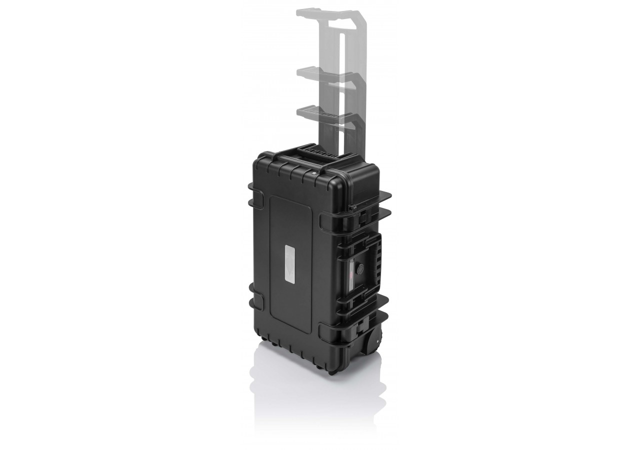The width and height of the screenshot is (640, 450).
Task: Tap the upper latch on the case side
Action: point(363,216)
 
